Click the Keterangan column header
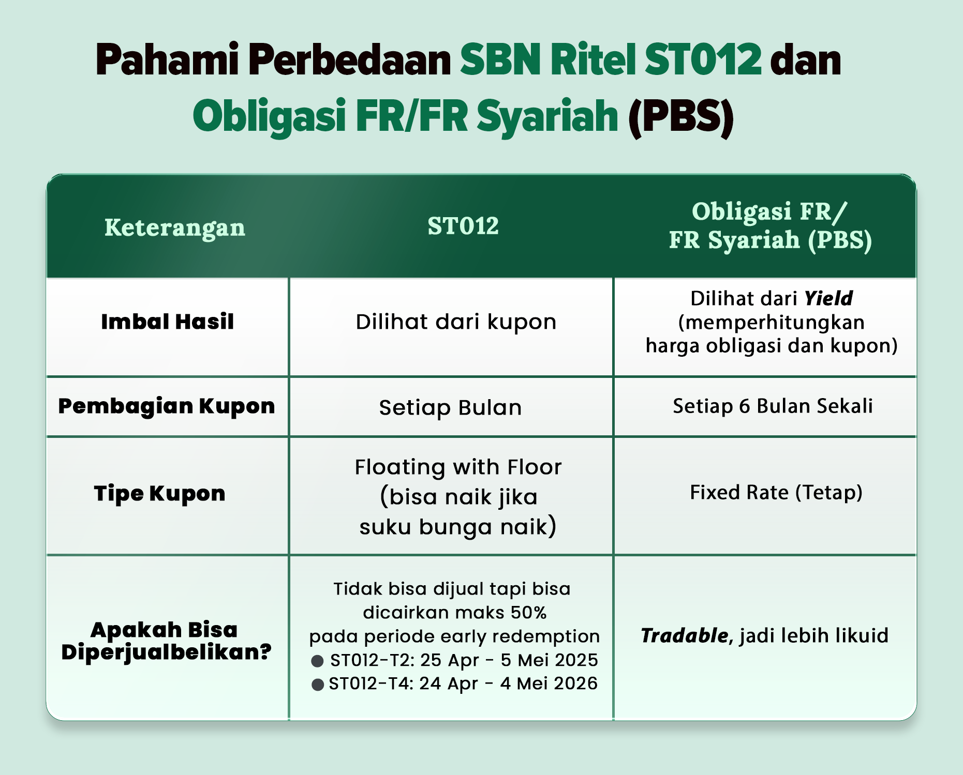pyautogui.click(x=175, y=228)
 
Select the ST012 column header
pyautogui.click(x=463, y=226)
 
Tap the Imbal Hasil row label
pyautogui.click(x=168, y=322)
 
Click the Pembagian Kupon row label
pyautogui.click(x=167, y=406)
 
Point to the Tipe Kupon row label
pyautogui.click(x=160, y=494)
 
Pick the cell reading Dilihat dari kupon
pyautogui.click(x=456, y=322)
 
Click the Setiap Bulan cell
pyautogui.click(x=450, y=408)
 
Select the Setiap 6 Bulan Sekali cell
pyautogui.click(x=773, y=406)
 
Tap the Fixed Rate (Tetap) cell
pyautogui.click(x=776, y=493)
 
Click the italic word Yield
pyautogui.click(x=828, y=298)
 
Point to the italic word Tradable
pyautogui.click(x=684, y=635)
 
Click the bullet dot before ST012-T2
pyautogui.click(x=317, y=661)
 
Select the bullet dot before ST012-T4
pyautogui.click(x=318, y=685)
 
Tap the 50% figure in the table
pyautogui.click(x=529, y=613)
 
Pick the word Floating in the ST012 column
pyautogui.click(x=399, y=468)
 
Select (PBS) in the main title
pyautogui.click(x=681, y=117)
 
